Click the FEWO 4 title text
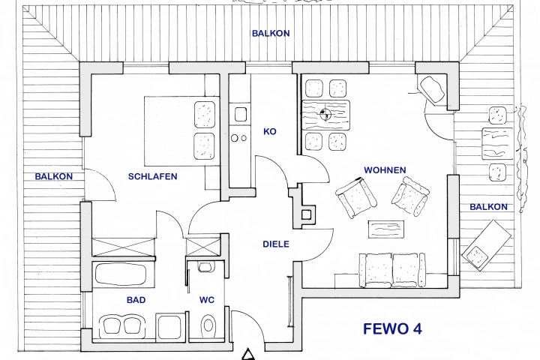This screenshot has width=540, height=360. pos(392,329)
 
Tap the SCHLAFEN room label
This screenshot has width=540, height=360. pos(152,176)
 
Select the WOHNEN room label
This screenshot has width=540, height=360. pos(385,169)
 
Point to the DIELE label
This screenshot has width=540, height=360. pos(276,244)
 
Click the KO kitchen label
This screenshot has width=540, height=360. pos(270,131)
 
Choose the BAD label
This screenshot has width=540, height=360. pos(136,300)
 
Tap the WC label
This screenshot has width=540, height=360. pos(207,300)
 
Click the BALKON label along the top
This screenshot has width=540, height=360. pos(271,34)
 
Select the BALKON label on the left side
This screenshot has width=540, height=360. pos(54,176)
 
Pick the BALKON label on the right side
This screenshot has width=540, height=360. pos(489,207)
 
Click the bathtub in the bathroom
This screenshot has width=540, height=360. pos(121,274)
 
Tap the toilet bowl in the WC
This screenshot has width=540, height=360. pos(208,325)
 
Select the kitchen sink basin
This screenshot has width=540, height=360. pos(241,114)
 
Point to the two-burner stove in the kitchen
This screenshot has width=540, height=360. pos(239,138)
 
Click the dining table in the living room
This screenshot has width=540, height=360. pos(325,115)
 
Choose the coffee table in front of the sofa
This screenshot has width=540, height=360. pos(386,229)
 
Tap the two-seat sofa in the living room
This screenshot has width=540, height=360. pos(392,270)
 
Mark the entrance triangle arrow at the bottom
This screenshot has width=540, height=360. pos(247,355)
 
